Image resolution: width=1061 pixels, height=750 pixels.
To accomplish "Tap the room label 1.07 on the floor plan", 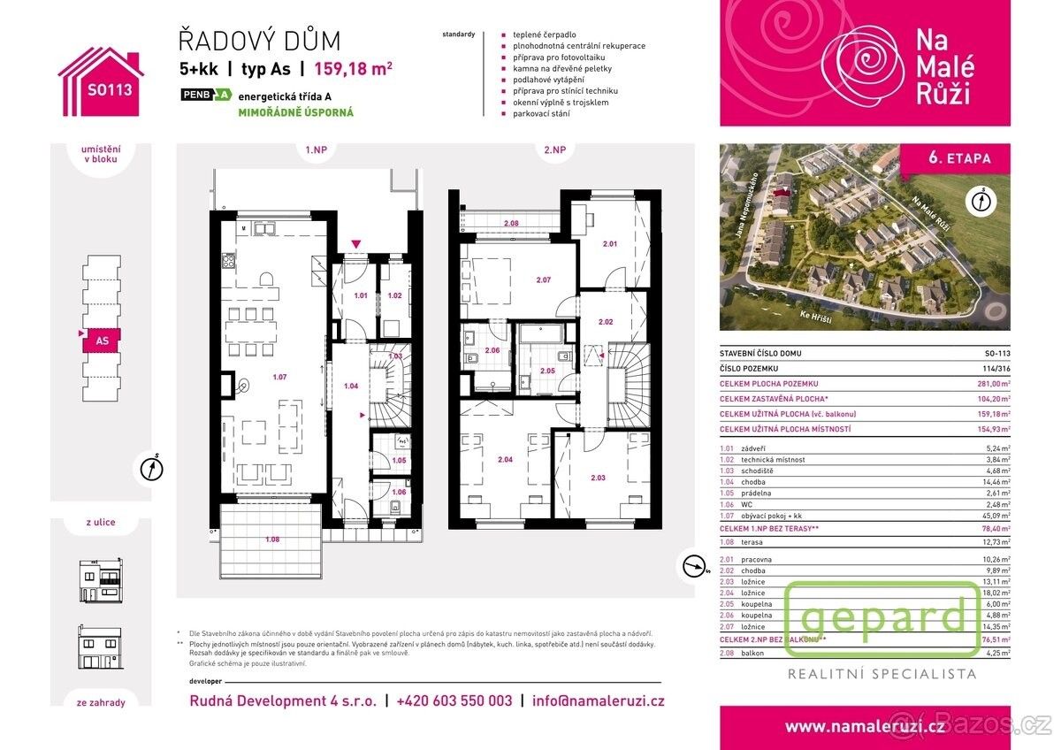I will [x=279, y=378].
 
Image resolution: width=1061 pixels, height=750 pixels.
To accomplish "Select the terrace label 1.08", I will [x=272, y=538].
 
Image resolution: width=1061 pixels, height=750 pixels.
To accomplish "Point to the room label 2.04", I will [x=505, y=459].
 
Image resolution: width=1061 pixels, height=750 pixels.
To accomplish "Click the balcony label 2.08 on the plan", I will [x=511, y=224].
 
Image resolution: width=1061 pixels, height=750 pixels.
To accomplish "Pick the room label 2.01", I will [x=610, y=244].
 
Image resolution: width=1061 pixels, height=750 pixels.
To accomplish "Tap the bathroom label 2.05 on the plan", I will [x=547, y=371].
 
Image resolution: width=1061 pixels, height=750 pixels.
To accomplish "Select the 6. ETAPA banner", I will [x=958, y=159].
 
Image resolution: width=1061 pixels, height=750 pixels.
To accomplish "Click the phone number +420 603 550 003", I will [x=454, y=700].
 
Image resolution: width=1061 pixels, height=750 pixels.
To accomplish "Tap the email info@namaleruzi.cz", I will [x=598, y=700].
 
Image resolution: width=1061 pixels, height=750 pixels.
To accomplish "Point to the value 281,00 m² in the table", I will [x=991, y=383].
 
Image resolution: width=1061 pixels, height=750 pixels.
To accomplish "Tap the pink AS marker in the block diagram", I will [x=101, y=339].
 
